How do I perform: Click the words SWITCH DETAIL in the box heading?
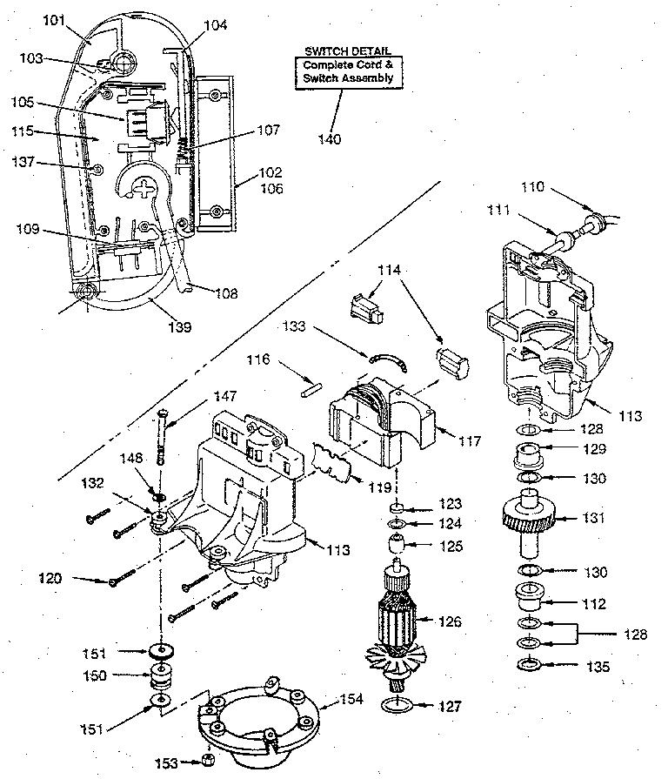(x=347, y=50)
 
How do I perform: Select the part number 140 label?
(x=329, y=139)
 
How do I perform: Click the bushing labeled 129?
(x=529, y=454)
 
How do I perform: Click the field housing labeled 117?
(x=386, y=425)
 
